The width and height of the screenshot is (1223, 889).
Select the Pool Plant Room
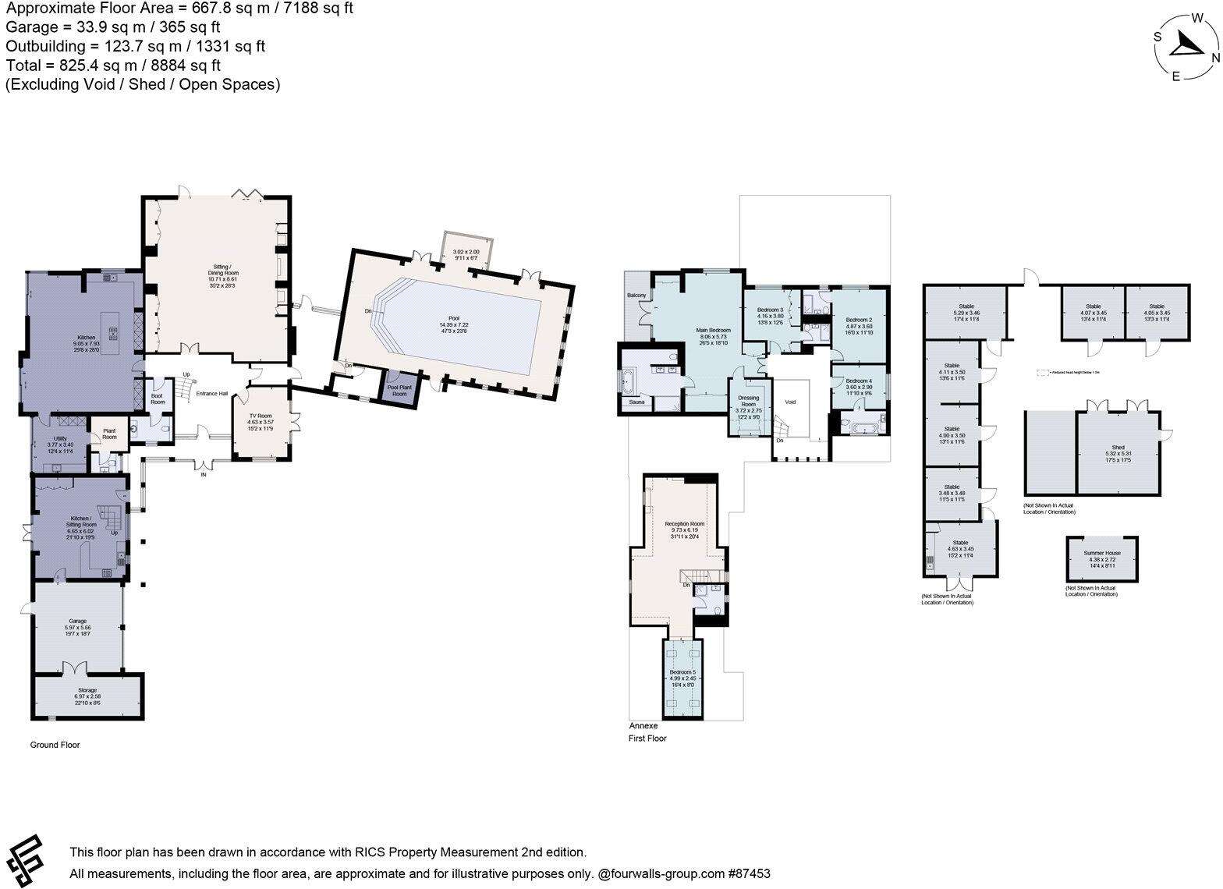399,390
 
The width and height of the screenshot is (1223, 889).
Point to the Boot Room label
158,398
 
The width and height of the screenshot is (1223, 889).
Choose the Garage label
76,622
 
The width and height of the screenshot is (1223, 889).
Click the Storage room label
87,690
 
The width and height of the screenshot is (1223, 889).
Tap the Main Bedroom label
713,331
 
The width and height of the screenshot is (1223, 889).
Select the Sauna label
636,402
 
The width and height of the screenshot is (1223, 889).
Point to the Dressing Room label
748,401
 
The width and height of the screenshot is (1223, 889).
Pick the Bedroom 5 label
682,672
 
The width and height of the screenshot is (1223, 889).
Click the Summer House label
1101,553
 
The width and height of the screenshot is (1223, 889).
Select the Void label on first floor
790,402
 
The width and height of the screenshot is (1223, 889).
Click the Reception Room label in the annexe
684,524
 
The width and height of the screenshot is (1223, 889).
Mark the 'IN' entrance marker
204,474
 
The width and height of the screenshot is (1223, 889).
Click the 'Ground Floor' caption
55,745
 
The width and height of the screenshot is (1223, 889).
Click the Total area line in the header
113,66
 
